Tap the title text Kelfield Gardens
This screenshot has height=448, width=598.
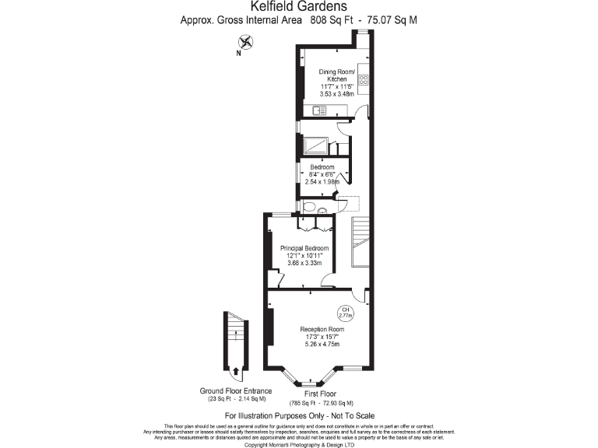click(298, 7)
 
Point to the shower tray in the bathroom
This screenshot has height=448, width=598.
click(317, 146)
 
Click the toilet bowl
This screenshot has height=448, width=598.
click(309, 207)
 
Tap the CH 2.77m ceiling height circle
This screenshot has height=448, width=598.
click(344, 314)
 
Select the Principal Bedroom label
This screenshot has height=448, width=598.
click(304, 248)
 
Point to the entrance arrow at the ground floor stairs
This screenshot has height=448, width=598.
click(235, 370)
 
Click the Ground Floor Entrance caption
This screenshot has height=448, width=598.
click(236, 390)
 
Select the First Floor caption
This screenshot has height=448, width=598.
click(322, 394)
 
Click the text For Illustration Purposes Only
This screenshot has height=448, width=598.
click(276, 416)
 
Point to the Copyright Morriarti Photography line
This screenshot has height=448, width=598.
click(299, 445)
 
